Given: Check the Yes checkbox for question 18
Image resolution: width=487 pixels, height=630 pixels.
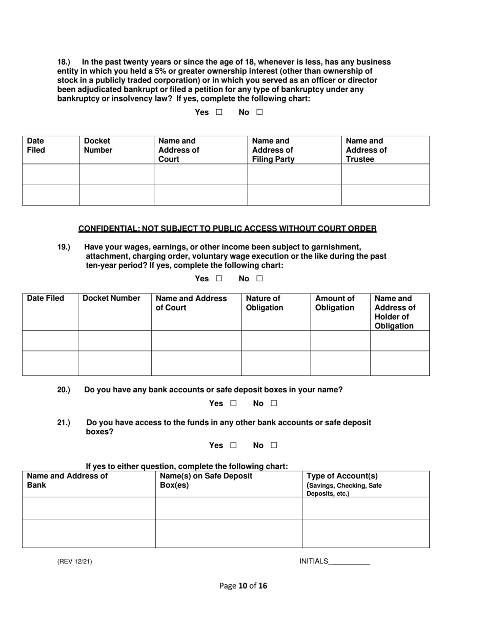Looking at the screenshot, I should pyautogui.click(x=219, y=112).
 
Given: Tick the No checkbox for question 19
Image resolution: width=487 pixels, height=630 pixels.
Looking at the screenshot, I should pyautogui.click(x=259, y=279).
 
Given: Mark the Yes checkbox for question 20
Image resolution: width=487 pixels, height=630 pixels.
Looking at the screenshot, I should pyautogui.click(x=233, y=404).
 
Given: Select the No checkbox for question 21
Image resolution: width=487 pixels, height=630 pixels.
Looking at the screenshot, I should pyautogui.click(x=273, y=446).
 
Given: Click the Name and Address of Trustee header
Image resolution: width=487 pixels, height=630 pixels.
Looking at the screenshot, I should pyautogui.click(x=366, y=150).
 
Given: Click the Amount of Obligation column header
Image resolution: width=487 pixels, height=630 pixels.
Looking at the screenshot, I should pyautogui.click(x=334, y=303).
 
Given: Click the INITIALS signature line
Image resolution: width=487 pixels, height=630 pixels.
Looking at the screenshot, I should pyautogui.click(x=349, y=562).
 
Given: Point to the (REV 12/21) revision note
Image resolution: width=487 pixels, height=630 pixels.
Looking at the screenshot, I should pyautogui.click(x=74, y=562).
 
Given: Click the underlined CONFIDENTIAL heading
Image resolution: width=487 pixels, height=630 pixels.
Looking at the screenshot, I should pyautogui.click(x=227, y=229).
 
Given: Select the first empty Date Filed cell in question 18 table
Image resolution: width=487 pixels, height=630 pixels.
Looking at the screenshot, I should pyautogui.click(x=50, y=174).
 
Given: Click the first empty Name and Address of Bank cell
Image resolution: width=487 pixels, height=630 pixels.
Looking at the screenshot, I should pyautogui.click(x=88, y=508).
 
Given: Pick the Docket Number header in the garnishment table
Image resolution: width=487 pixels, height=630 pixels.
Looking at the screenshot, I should pyautogui.click(x=111, y=298).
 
